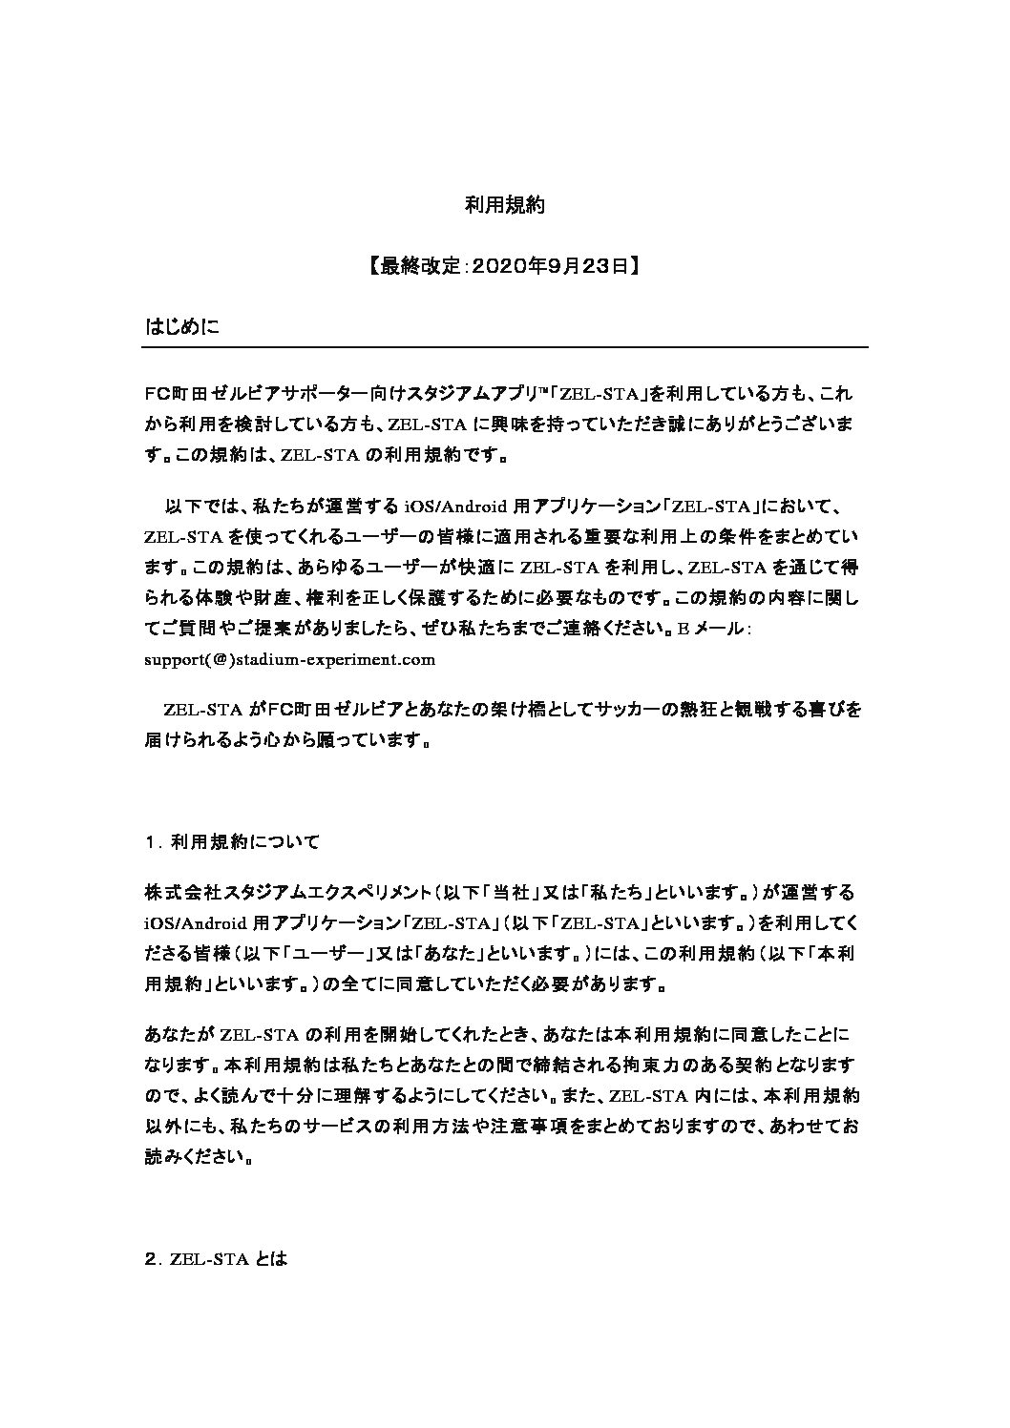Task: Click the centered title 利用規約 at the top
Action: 504,204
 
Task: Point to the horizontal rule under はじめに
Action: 505,347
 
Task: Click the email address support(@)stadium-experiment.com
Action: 289,658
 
